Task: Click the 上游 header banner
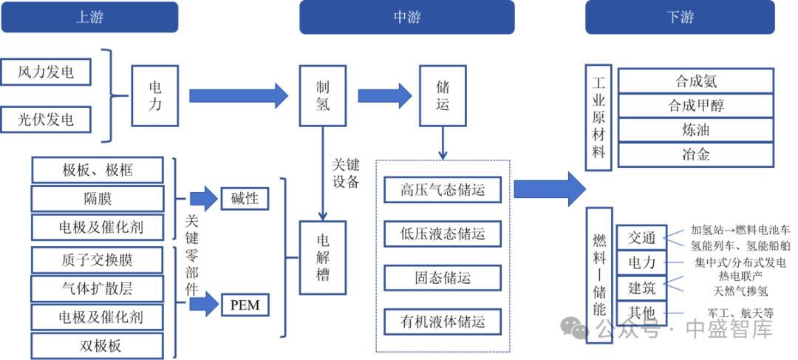tap(89, 17)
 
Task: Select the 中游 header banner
tap(406, 17)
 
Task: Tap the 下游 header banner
tap(680, 17)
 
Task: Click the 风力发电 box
tap(47, 72)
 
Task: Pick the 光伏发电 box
tap(47, 119)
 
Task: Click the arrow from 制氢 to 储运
tap(384, 95)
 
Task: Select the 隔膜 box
tap(98, 198)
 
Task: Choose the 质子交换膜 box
tap(98, 259)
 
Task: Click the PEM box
tap(245, 304)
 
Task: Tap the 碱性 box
tap(245, 198)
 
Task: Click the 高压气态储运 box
tap(443, 190)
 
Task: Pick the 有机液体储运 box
tap(443, 322)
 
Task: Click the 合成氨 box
tap(696, 81)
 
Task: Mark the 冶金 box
tap(696, 154)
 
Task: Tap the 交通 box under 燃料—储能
tap(641, 238)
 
